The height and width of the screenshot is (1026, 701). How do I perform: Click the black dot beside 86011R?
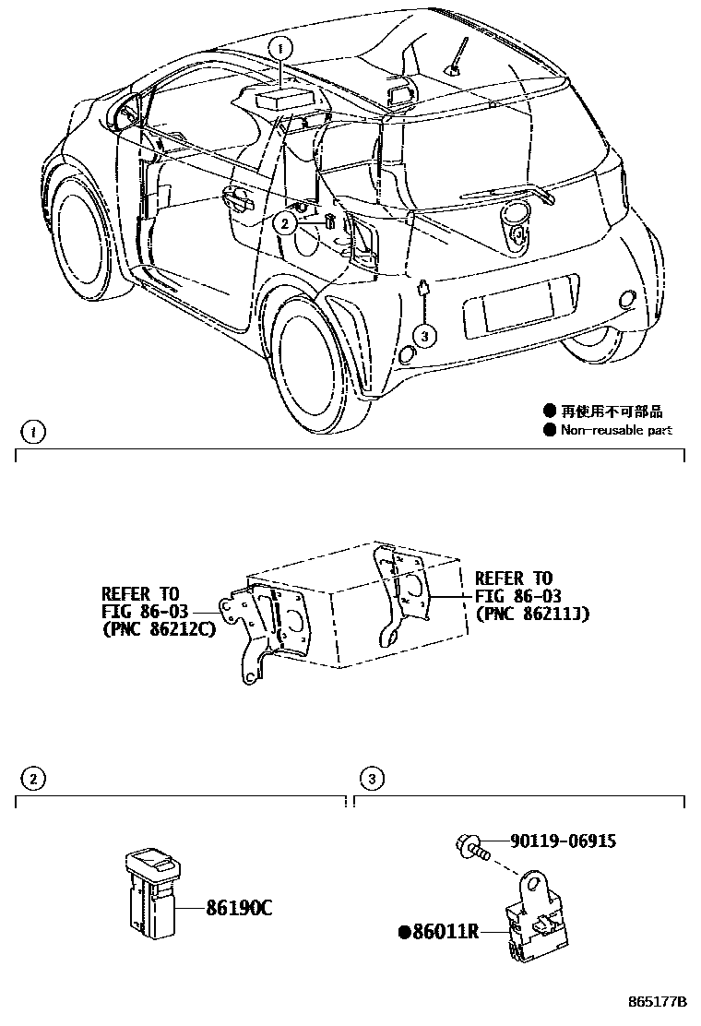(403, 932)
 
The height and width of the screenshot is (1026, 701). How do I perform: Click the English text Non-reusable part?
(615, 430)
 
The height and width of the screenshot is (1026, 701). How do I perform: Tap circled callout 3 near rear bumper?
(423, 336)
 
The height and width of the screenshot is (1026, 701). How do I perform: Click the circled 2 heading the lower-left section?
(33, 781)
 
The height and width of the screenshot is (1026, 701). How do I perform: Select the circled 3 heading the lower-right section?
(371, 781)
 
